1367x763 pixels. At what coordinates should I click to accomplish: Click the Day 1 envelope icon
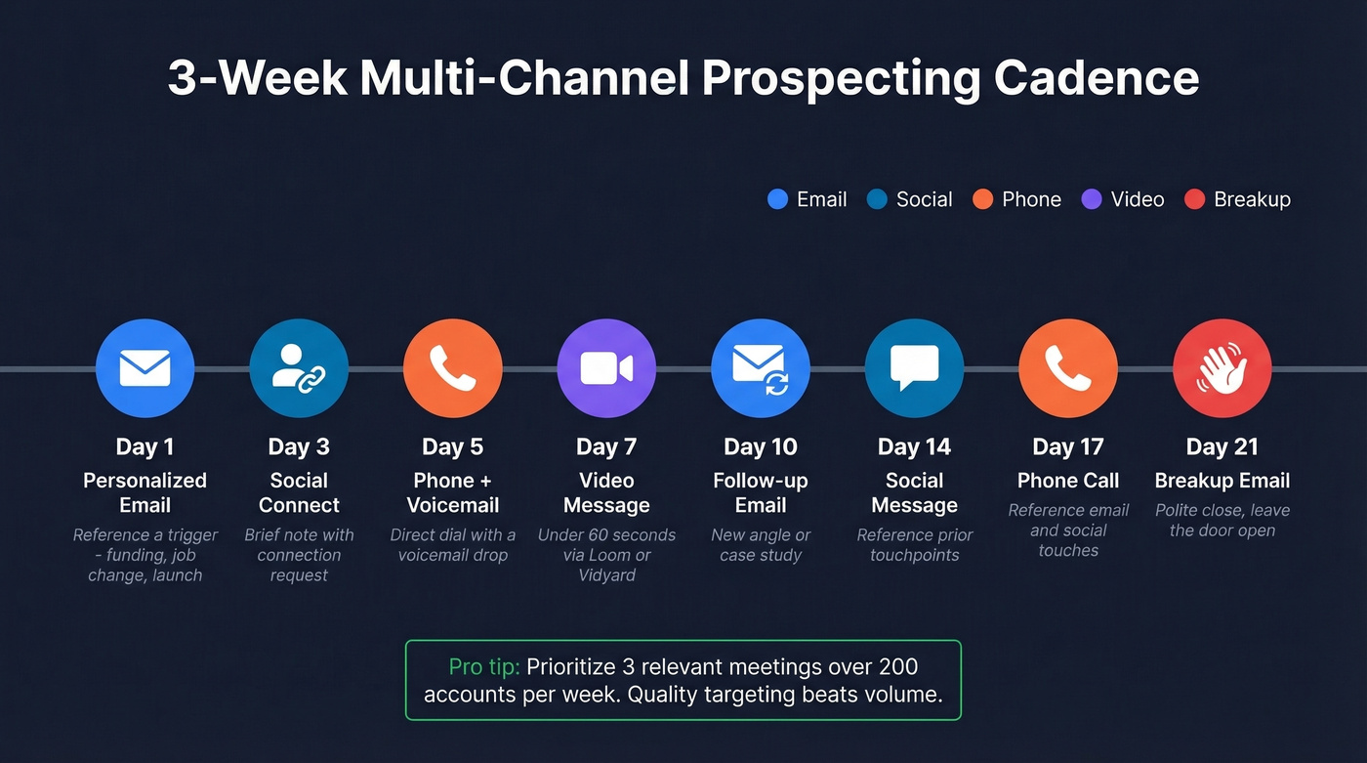[x=145, y=368]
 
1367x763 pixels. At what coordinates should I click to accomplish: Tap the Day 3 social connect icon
[x=299, y=368]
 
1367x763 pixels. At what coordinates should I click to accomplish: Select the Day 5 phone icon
[x=452, y=368]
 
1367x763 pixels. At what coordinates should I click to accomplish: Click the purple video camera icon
[x=606, y=368]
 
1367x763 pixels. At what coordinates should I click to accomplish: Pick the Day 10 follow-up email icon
[x=760, y=368]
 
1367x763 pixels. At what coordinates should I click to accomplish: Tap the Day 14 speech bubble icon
[x=914, y=368]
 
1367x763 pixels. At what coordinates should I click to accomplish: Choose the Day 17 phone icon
[x=1067, y=368]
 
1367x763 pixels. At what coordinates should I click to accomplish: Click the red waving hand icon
[x=1222, y=368]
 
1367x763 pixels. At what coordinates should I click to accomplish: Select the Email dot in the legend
[x=777, y=199]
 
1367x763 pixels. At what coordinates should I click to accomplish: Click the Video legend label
[x=1138, y=199]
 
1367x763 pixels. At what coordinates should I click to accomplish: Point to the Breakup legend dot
[x=1194, y=199]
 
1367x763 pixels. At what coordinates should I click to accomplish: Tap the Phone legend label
[x=1031, y=199]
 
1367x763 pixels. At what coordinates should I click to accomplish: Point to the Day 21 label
[x=1222, y=446]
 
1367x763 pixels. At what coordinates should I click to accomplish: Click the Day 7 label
[x=606, y=446]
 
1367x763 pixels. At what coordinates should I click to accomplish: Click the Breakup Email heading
[x=1222, y=481]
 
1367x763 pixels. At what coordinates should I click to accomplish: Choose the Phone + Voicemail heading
[x=452, y=492]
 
